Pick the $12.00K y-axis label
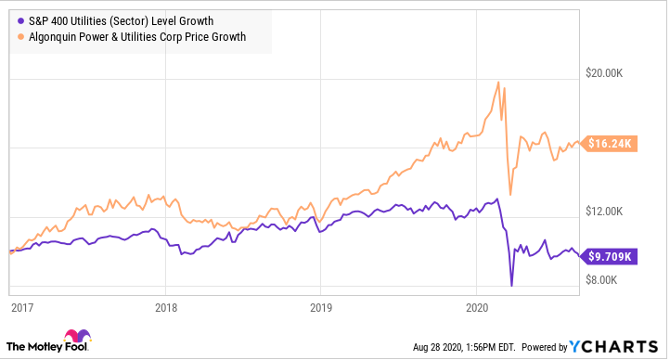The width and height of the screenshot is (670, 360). coord(611,212)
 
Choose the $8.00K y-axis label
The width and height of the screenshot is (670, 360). coord(613,280)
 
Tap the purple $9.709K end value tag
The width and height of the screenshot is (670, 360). coord(612,256)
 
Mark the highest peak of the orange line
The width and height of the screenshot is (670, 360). coord(499,82)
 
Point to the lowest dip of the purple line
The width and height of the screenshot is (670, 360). coord(511,283)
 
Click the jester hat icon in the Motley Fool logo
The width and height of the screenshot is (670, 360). coord(72,337)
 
